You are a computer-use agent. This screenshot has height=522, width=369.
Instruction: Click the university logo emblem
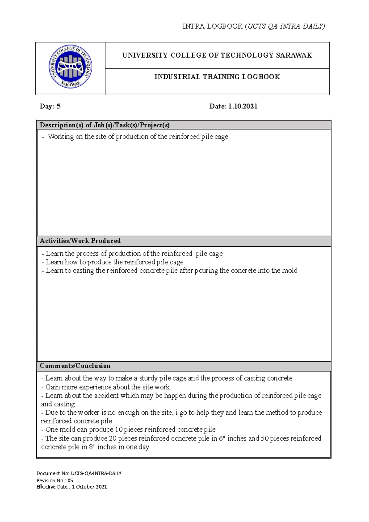click(x=70, y=67)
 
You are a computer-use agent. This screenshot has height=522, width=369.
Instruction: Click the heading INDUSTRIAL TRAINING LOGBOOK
click(x=217, y=77)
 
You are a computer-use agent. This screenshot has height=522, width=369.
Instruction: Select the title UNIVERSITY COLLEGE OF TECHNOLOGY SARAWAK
click(x=217, y=55)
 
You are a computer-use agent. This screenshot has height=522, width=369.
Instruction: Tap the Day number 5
click(x=58, y=106)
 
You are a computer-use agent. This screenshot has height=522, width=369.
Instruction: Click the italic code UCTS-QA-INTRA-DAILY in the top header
click(x=286, y=26)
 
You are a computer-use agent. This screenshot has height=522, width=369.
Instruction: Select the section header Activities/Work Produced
click(x=80, y=241)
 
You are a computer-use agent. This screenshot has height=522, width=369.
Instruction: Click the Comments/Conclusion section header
click(x=75, y=366)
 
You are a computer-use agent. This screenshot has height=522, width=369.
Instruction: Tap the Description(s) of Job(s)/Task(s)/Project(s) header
click(x=105, y=125)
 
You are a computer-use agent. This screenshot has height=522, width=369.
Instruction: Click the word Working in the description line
click(x=61, y=137)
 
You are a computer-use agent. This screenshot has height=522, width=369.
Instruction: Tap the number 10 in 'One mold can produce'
click(x=118, y=429)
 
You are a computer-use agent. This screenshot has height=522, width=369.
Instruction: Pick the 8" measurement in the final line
click(x=92, y=447)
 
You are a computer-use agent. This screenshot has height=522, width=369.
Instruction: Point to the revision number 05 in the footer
click(x=70, y=480)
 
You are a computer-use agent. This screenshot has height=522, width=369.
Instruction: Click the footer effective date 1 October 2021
click(x=89, y=487)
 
